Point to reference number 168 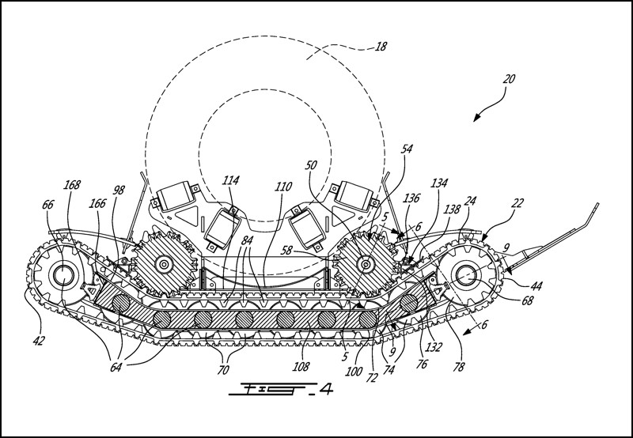click(72, 185)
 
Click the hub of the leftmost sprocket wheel click(60, 276)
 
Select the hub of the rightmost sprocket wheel click(465, 275)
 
